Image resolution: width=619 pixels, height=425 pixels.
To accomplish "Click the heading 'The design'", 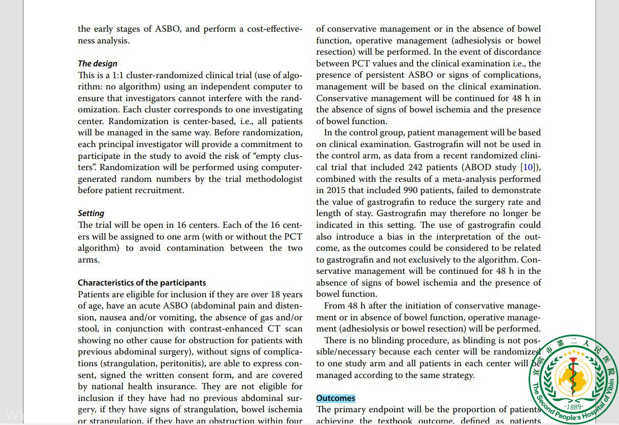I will [x=98, y=63].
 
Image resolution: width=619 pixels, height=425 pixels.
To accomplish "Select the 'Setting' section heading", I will [x=91, y=213].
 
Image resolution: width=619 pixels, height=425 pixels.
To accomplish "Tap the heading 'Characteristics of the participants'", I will [x=142, y=282].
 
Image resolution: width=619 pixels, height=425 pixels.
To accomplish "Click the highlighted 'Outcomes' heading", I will [x=336, y=398].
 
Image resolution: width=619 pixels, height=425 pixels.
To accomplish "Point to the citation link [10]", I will [x=528, y=167].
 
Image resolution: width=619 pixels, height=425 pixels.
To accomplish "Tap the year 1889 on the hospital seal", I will [x=574, y=407].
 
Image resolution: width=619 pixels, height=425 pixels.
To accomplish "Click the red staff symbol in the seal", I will [x=574, y=376].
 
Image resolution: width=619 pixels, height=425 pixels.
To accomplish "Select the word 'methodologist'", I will [x=274, y=179].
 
